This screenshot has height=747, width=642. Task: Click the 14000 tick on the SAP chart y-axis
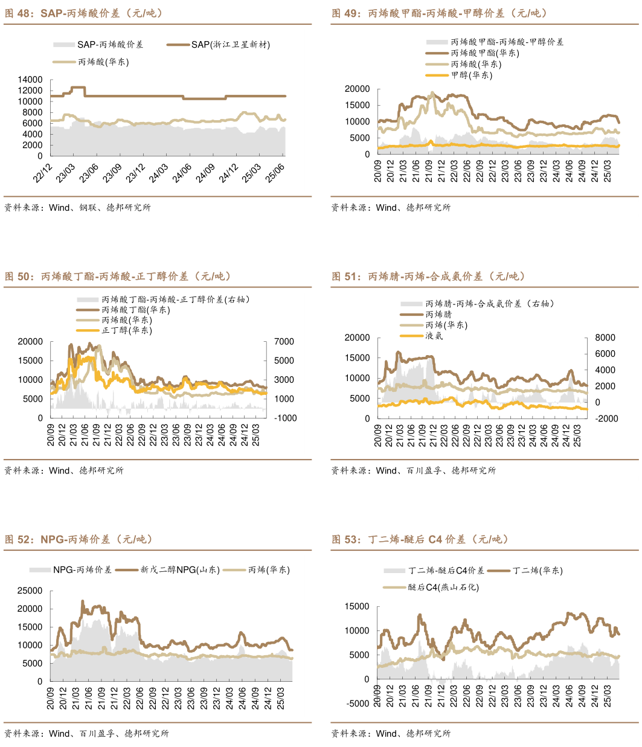pos(30,80)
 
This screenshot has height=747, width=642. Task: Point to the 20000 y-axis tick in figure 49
pos(357,89)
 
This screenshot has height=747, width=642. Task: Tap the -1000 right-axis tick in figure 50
pos(285,418)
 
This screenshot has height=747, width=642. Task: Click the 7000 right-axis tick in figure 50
pos(284,342)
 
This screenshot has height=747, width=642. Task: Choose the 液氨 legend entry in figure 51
pos(434,336)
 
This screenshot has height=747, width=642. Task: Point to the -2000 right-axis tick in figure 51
pos(606,418)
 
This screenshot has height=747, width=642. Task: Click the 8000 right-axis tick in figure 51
pos(605,338)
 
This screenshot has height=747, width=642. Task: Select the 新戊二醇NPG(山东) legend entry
pos(179,569)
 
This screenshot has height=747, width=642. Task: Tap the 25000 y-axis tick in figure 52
pos(30,591)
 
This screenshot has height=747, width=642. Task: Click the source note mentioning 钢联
pos(77,208)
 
